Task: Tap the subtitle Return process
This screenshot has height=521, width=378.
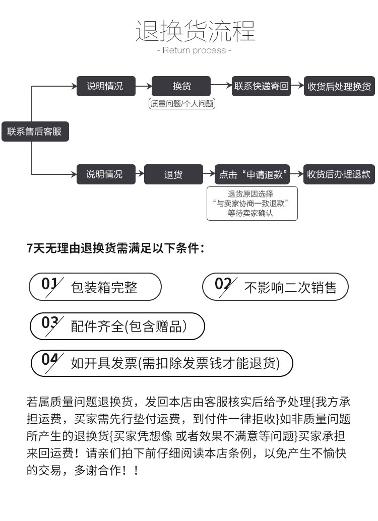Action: click(x=194, y=50)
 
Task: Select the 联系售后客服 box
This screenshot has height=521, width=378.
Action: click(x=35, y=132)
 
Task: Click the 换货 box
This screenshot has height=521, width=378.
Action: click(x=181, y=86)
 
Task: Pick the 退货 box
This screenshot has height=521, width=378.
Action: click(x=173, y=174)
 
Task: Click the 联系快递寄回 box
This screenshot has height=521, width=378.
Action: click(x=261, y=86)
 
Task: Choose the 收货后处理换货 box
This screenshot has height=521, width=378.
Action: click(x=339, y=86)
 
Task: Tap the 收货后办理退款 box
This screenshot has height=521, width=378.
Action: click(x=339, y=174)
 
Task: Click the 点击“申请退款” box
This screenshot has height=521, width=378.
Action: click(x=253, y=174)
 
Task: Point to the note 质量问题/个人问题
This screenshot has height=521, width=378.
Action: click(x=182, y=104)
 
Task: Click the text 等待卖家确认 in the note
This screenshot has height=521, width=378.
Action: click(x=250, y=213)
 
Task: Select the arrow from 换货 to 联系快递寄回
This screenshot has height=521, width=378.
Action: click(x=221, y=85)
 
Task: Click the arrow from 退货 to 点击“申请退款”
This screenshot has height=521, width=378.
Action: click(x=209, y=173)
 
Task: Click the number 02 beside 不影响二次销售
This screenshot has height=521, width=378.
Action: click(x=223, y=284)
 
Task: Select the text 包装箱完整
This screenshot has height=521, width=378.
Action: click(x=104, y=287)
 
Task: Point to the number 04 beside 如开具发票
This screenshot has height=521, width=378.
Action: click(x=49, y=360)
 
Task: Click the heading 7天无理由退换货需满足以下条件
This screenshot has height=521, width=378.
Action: click(x=115, y=248)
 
